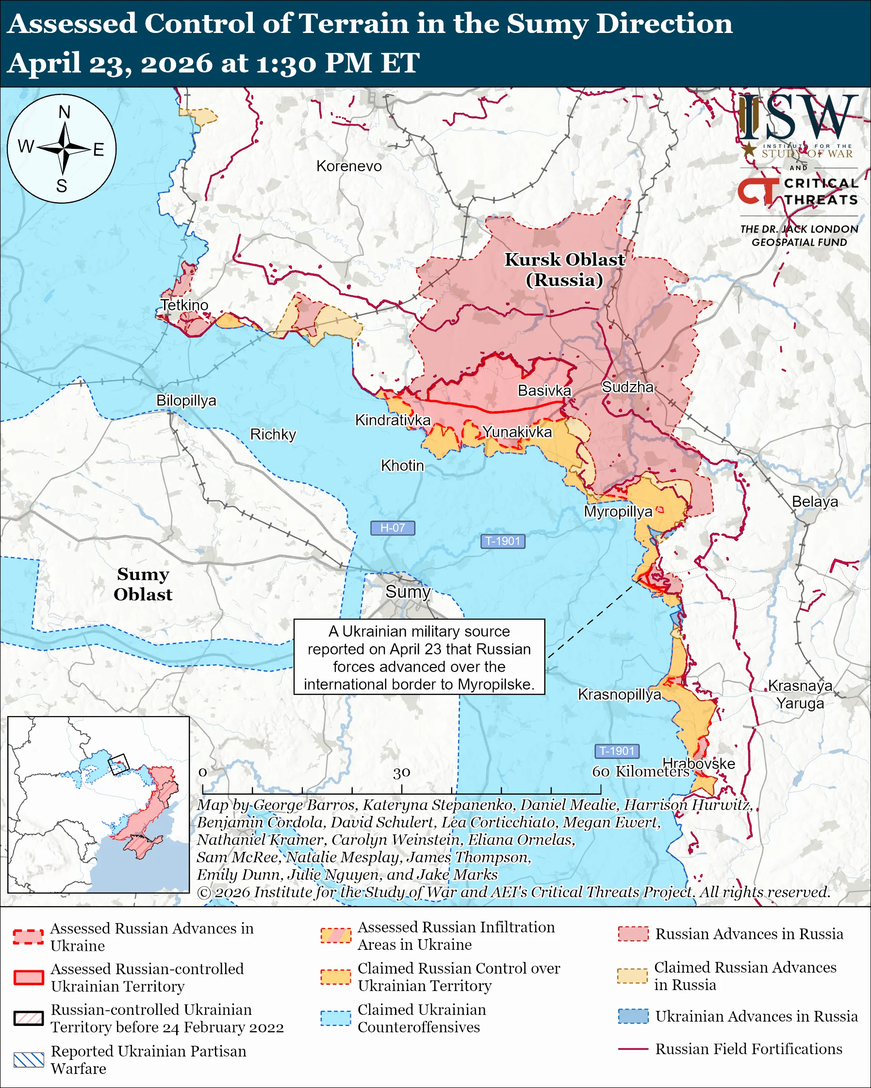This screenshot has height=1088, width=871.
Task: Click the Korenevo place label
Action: [x=349, y=166]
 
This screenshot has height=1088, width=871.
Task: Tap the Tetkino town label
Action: [x=184, y=305]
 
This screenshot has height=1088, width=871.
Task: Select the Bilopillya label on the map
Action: [x=186, y=400]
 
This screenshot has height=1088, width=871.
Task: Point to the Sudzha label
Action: [x=627, y=387]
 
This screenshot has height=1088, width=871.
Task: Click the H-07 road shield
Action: [x=393, y=528]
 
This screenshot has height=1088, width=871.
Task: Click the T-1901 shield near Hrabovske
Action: [x=617, y=751]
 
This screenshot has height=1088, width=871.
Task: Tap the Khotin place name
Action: [x=402, y=465]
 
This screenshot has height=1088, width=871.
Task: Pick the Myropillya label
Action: [x=618, y=511]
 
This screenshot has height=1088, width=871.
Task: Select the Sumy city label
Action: [x=408, y=592]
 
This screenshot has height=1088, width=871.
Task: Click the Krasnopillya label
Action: [x=619, y=694]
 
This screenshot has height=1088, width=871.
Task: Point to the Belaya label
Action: [x=814, y=502]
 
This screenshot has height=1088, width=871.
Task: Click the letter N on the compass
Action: [x=64, y=112]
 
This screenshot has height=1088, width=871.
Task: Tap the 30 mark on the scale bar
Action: [x=401, y=772]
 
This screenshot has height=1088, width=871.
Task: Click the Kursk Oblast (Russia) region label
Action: [x=564, y=270]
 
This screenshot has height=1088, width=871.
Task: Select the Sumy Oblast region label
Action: [x=143, y=584]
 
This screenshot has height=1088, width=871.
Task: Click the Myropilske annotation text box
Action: [x=419, y=657]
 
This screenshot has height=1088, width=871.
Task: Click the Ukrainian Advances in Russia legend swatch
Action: [x=633, y=1016]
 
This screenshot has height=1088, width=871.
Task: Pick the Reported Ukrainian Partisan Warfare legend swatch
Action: [x=29, y=1060]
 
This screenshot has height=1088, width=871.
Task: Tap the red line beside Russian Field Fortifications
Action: [x=633, y=1049]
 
